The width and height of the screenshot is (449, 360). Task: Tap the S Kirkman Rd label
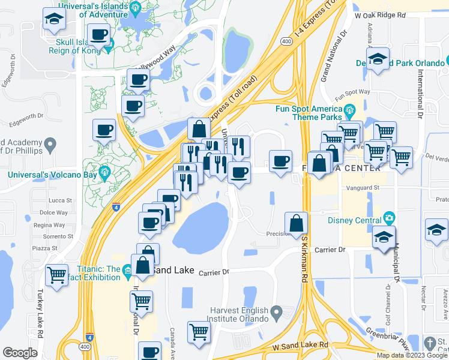tap(305, 257)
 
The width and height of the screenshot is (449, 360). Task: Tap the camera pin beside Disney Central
tap(389, 218)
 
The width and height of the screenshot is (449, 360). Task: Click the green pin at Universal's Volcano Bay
tap(105, 173)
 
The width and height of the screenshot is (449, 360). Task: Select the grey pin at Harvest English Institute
tap(277, 312)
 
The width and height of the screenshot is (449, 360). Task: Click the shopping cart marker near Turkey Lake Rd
tap(57, 275)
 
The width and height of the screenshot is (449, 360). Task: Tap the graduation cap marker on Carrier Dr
tap(384, 238)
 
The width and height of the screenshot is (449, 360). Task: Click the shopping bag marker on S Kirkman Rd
tap(297, 223)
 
